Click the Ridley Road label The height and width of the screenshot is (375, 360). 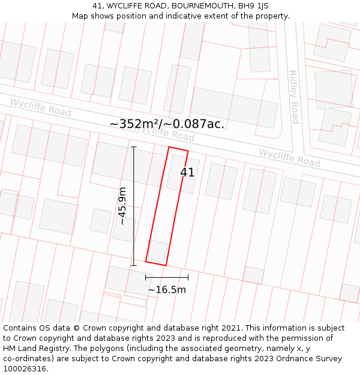[293, 97]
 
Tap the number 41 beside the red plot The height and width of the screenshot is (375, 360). [187, 173]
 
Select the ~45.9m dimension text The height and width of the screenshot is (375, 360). [122, 206]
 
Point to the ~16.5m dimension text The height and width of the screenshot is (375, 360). [167, 290]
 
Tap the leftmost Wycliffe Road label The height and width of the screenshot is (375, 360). [40, 107]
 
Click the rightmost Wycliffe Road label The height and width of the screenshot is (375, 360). [289, 157]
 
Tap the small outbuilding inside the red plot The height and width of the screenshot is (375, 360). [157, 251]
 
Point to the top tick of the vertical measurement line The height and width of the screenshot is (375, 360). [133, 147]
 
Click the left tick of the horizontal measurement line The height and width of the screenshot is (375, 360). [146, 277]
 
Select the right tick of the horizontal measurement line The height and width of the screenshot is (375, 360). [188, 277]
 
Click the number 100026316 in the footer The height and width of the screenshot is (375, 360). [25, 368]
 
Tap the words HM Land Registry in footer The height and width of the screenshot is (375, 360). [37, 349]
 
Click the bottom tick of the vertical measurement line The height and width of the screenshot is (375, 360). [133, 265]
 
